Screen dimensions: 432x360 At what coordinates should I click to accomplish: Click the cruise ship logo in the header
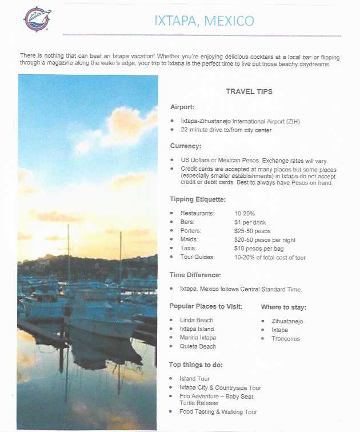tap(37, 19)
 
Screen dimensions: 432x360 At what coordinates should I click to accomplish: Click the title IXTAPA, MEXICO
tap(205, 22)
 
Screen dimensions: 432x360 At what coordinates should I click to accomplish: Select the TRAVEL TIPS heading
tap(249, 91)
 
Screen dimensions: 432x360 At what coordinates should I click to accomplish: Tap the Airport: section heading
tap(182, 107)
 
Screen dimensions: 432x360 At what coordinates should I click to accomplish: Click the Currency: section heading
tap(186, 146)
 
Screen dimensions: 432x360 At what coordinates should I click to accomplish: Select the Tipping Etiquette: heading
tap(198, 199)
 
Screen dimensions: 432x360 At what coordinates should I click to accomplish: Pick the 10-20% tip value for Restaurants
tap(245, 213)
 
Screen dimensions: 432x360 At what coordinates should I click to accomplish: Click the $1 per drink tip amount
tap(250, 222)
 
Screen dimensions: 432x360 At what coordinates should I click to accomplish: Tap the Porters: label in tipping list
tap(192, 231)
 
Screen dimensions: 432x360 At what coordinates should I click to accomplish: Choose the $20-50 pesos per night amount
tap(265, 240)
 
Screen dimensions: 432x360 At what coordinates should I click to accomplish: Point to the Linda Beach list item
tap(196, 320)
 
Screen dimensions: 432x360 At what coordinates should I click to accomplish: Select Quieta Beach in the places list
tap(198, 346)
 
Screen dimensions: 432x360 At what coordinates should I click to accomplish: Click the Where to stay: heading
tap(283, 307)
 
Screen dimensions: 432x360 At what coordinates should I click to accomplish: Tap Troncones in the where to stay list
tap(286, 338)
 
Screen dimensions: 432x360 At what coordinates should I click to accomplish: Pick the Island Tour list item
tap(194, 379)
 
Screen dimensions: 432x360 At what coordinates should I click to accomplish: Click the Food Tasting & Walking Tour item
tap(218, 412)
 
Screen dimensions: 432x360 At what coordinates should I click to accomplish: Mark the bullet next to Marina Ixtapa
tap(173, 338)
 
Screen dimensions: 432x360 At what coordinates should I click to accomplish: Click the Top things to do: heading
tap(196, 365)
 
